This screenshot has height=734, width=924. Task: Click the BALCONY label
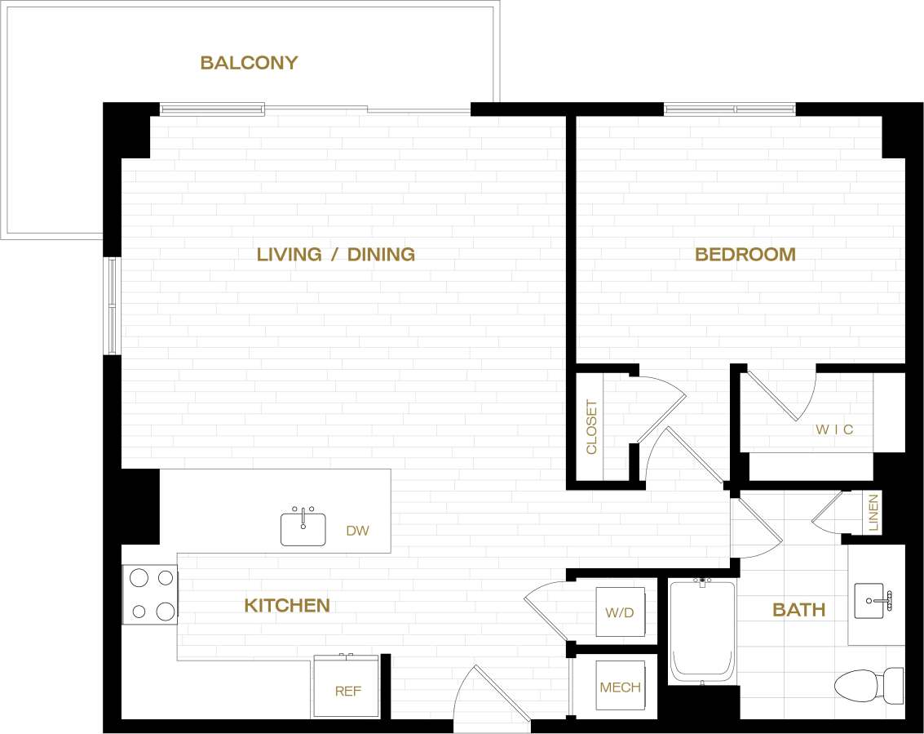tap(249, 63)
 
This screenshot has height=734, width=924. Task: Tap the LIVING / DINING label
tap(335, 254)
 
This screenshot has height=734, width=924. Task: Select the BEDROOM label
tap(745, 254)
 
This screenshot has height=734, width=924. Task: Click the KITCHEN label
tap(287, 605)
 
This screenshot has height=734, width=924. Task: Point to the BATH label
tap(798, 609)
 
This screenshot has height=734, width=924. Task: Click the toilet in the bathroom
tap(868, 684)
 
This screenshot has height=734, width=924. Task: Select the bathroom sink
tap(874, 601)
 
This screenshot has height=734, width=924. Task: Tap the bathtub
tap(702, 630)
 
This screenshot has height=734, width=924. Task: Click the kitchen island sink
tap(303, 527)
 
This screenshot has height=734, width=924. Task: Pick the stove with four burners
tap(151, 594)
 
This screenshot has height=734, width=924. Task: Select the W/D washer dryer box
tap(620, 612)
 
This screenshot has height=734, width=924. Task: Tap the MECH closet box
tap(620, 686)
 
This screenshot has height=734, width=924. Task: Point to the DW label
tap(357, 531)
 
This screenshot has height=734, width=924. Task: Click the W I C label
tap(834, 429)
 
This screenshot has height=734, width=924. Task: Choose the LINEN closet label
tap(873, 513)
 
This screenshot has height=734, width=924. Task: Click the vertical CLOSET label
tap(591, 426)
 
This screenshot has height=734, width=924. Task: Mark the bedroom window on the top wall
tap(729, 109)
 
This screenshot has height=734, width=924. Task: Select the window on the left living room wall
tap(112, 305)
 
